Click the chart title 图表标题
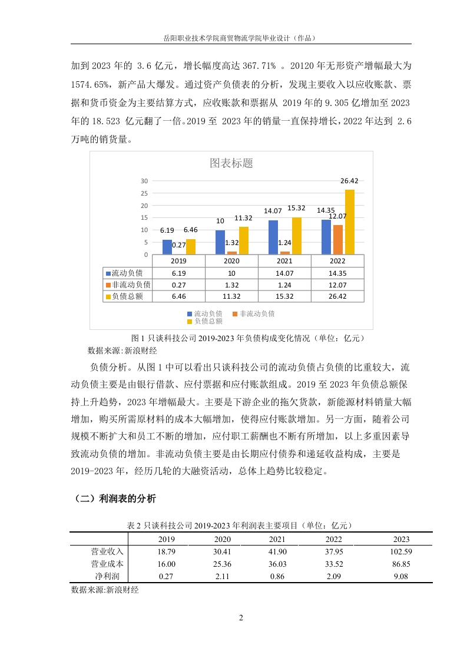(x=231, y=163)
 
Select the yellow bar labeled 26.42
(x=349, y=222)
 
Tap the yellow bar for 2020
(x=244, y=240)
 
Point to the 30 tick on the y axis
(x=144, y=180)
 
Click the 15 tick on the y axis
(x=144, y=217)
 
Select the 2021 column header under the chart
(x=284, y=261)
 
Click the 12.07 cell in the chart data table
(x=337, y=285)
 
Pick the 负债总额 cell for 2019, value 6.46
(x=178, y=296)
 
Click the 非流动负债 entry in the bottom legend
(x=257, y=313)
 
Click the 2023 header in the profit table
(x=401, y=539)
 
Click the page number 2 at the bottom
(x=240, y=618)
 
